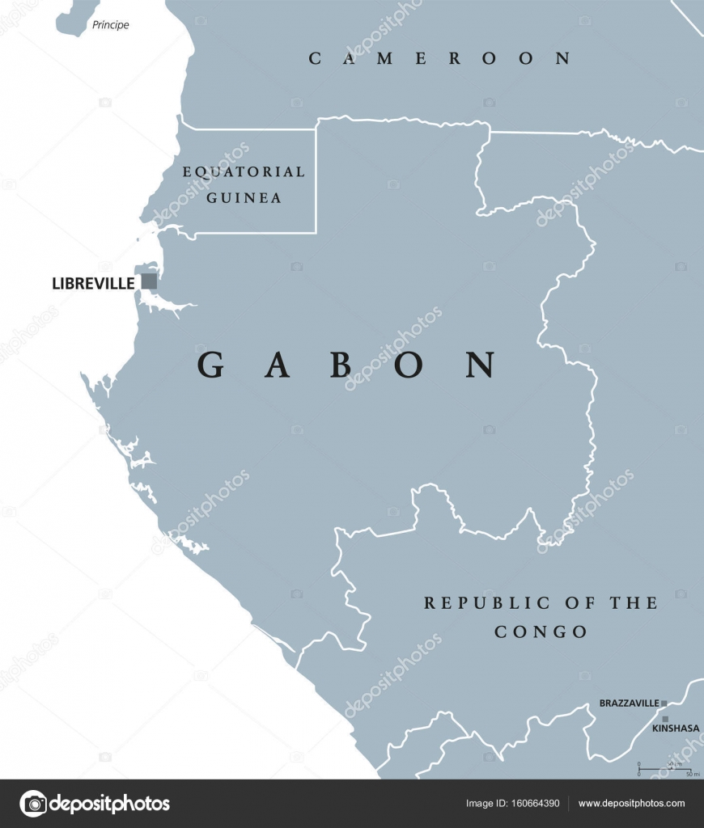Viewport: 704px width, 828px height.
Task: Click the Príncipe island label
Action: [x=110, y=25]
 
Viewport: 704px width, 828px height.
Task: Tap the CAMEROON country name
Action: [x=440, y=58]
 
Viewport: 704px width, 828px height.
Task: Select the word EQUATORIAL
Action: [x=244, y=171]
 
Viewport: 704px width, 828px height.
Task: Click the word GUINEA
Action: [x=244, y=197]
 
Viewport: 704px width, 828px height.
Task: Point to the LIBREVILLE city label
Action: [x=92, y=283]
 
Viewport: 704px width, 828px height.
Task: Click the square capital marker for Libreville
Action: [x=149, y=281]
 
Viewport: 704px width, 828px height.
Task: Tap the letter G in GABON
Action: [x=211, y=365]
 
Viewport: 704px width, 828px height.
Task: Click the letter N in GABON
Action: [x=481, y=365]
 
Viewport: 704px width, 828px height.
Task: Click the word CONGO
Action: [x=541, y=632]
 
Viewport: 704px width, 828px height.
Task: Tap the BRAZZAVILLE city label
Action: [x=629, y=703]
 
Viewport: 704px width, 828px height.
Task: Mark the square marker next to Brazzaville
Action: [x=664, y=703]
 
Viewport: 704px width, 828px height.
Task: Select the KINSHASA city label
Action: [x=675, y=729]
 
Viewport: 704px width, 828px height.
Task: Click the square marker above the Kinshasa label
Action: [x=665, y=718]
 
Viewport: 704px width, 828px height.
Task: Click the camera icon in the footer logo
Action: [x=33, y=804]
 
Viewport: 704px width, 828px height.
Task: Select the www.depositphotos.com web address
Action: [x=631, y=804]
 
